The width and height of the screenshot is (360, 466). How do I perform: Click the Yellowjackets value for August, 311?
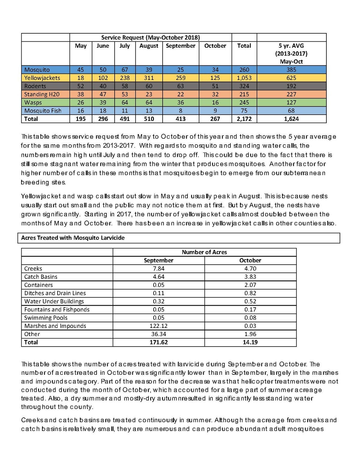point(149,78)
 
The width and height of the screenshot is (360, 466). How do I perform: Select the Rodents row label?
point(35,86)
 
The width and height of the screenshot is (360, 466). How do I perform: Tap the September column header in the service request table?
point(180,46)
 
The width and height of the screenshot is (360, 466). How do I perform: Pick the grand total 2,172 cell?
point(244,119)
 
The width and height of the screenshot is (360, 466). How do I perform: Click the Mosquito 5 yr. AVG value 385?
point(291,70)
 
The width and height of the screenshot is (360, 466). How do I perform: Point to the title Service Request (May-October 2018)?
point(150,38)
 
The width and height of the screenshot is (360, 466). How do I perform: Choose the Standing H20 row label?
point(42,94)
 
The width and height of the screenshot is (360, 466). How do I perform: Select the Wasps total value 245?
point(244,102)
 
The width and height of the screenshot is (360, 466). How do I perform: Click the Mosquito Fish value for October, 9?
point(215,110)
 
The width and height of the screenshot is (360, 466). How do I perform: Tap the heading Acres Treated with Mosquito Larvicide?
point(73,238)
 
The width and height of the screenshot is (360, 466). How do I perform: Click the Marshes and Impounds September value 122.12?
point(158,326)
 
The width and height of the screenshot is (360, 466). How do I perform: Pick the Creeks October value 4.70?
point(250,269)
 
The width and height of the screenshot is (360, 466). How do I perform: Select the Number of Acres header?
point(204,252)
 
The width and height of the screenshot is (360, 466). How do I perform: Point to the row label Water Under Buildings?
point(54,301)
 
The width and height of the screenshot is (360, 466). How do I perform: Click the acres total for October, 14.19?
point(250,342)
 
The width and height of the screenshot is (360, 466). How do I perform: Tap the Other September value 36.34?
point(158,334)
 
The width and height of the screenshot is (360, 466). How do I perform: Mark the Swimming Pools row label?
point(46,318)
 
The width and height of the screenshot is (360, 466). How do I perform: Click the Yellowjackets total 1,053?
point(244,78)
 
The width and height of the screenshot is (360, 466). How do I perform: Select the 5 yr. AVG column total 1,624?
point(291,119)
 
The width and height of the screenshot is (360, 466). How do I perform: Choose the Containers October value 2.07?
point(250,285)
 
